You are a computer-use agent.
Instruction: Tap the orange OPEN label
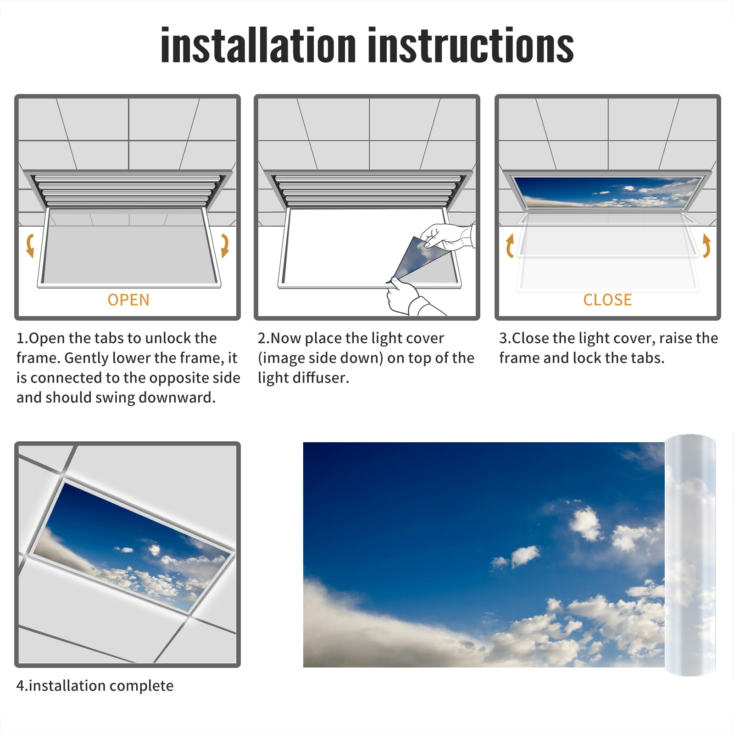pyautogui.click(x=128, y=300)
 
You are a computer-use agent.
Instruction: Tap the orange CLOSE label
pyautogui.click(x=607, y=300)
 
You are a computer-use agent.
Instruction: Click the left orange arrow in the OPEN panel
pyautogui.click(x=30, y=245)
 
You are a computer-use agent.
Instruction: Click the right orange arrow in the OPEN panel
pyautogui.click(x=225, y=245)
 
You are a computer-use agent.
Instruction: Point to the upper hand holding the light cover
pyautogui.click(x=448, y=237)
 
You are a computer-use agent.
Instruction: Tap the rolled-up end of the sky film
pyautogui.click(x=690, y=555)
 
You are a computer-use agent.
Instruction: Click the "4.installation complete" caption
pyautogui.click(x=95, y=686)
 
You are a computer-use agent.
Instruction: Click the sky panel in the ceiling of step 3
pyautogui.click(x=607, y=191)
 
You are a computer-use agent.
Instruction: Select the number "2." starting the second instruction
pyautogui.click(x=264, y=338)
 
